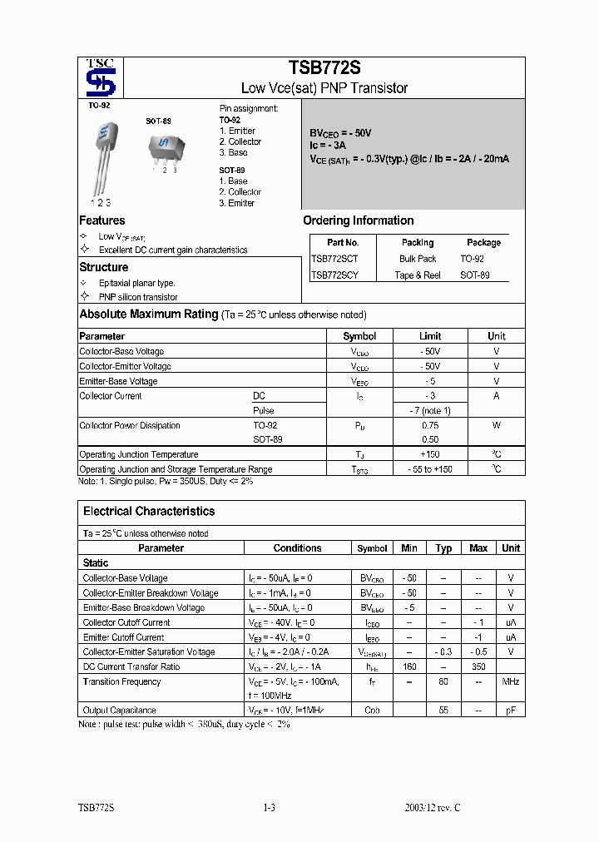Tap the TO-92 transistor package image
(102, 158)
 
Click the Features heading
(101, 220)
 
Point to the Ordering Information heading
(358, 220)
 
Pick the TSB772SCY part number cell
(334, 275)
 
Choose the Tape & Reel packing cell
(418, 275)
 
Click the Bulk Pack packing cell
(418, 259)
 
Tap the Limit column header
(430, 336)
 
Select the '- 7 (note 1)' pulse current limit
(430, 411)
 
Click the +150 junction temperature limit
(430, 454)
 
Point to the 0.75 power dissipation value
(430, 425)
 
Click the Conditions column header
(297, 548)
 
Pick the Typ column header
(444, 548)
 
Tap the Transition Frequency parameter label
(121, 681)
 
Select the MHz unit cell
(511, 681)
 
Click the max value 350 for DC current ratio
(478, 666)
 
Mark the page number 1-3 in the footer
(268, 808)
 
